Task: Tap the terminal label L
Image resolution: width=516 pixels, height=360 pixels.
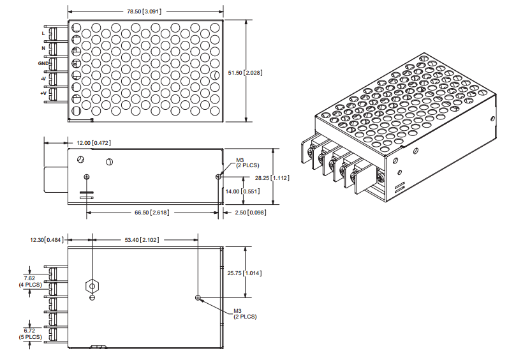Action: coord(43,33)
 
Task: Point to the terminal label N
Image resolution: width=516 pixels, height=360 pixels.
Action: coord(43,48)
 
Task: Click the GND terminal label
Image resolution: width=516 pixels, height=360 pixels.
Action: coord(42,63)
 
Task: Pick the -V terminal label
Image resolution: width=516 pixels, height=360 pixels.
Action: coord(43,79)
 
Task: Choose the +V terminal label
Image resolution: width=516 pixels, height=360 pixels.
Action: coord(43,94)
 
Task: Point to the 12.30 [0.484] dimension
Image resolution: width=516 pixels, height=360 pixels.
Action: coord(47,240)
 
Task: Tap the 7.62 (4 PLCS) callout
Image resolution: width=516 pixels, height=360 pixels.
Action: coord(29,281)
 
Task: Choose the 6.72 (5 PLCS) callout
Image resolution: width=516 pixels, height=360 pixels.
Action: coord(29,333)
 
